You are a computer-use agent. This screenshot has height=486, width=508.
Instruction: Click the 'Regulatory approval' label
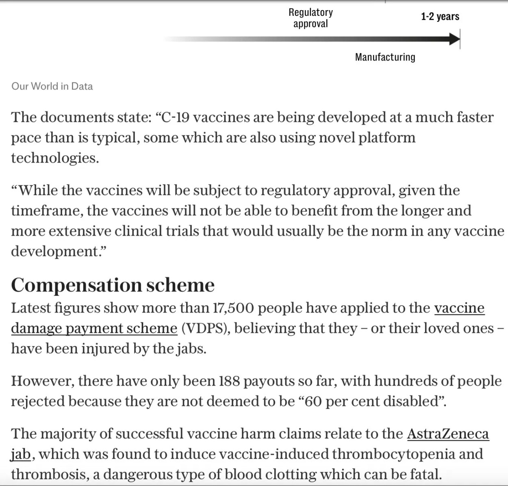(x=310, y=18)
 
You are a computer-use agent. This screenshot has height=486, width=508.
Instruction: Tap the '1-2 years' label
(x=440, y=17)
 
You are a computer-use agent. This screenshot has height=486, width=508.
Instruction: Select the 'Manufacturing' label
(x=385, y=57)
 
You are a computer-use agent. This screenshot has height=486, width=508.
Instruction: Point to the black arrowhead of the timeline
(x=454, y=39)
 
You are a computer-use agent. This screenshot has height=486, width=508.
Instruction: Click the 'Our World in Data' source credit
(x=52, y=86)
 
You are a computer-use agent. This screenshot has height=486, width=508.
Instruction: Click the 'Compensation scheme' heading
(x=113, y=285)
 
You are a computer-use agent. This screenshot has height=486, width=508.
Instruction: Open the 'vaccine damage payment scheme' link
(x=94, y=328)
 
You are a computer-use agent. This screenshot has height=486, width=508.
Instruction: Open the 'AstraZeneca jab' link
(x=448, y=434)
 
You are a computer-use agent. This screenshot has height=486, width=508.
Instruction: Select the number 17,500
(x=233, y=308)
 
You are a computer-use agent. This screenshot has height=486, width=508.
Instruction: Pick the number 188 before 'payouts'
(x=229, y=381)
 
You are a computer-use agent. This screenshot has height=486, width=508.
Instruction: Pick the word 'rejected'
(x=37, y=401)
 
